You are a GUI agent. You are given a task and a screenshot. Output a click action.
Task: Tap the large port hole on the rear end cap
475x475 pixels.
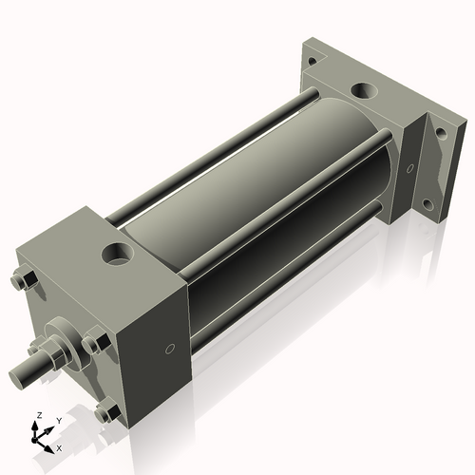click(364, 91)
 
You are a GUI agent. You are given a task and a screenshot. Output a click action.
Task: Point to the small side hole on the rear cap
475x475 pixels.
click(410, 169)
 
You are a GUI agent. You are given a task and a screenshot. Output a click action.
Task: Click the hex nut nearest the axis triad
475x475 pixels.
click(108, 413)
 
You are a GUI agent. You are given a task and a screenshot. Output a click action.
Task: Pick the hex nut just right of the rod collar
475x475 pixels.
click(94, 343)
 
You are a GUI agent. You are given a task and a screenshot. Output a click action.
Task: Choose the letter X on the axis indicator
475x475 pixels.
click(60, 446)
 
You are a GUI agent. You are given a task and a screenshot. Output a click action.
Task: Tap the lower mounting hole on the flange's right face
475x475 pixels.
click(427, 203)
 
